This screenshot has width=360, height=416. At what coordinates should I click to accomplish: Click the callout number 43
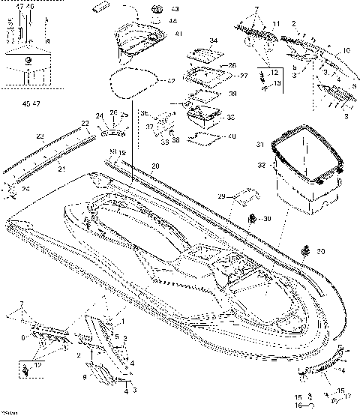175,10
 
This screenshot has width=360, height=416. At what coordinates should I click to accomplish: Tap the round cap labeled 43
158,9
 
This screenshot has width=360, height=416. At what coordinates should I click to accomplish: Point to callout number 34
214,40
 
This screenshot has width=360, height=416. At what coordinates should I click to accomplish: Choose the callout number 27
243,76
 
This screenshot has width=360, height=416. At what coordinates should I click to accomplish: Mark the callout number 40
232,136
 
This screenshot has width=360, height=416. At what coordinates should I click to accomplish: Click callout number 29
221,196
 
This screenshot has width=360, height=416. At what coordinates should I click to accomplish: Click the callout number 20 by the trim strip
155,164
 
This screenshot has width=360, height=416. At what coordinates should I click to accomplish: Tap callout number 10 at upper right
346,50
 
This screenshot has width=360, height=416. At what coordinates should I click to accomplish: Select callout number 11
276,25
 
